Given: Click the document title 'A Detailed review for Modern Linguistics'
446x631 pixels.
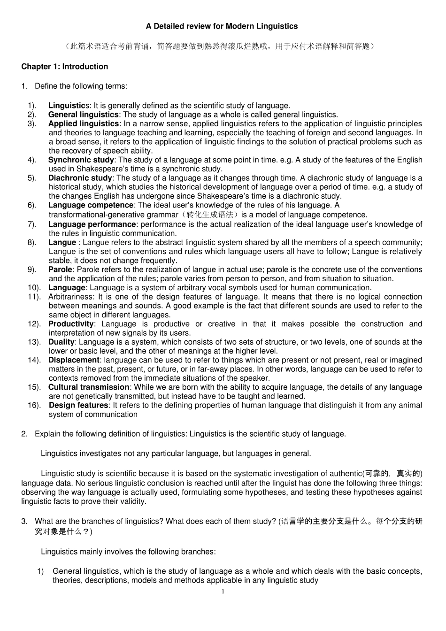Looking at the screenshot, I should click(x=222, y=26).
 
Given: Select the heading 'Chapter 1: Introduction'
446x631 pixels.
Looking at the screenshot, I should click(x=64, y=67).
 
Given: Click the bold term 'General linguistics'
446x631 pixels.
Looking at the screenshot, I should click(x=83, y=115).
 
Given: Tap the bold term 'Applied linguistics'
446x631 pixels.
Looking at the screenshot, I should click(x=83, y=123).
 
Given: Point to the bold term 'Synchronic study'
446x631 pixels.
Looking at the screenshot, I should click(x=81, y=160).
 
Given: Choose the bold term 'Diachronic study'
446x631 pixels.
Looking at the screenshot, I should click(x=80, y=178).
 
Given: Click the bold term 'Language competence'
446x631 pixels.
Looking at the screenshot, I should click(x=91, y=205).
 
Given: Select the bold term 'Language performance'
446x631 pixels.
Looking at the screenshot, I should click(x=92, y=224).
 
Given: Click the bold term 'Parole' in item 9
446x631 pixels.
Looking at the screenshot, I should click(x=60, y=269).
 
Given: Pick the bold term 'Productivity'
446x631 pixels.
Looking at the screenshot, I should click(x=71, y=324).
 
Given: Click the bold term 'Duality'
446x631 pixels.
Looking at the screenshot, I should click(x=61, y=342).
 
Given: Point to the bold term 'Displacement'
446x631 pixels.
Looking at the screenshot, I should click(x=74, y=360).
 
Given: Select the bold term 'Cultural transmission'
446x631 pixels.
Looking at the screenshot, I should click(x=89, y=387).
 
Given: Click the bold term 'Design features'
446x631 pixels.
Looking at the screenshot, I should click(x=78, y=405).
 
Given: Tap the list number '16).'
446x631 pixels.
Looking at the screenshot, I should click(x=34, y=405).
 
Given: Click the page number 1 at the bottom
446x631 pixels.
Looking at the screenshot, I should click(x=223, y=592).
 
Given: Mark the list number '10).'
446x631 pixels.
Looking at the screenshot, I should click(x=34, y=288).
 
